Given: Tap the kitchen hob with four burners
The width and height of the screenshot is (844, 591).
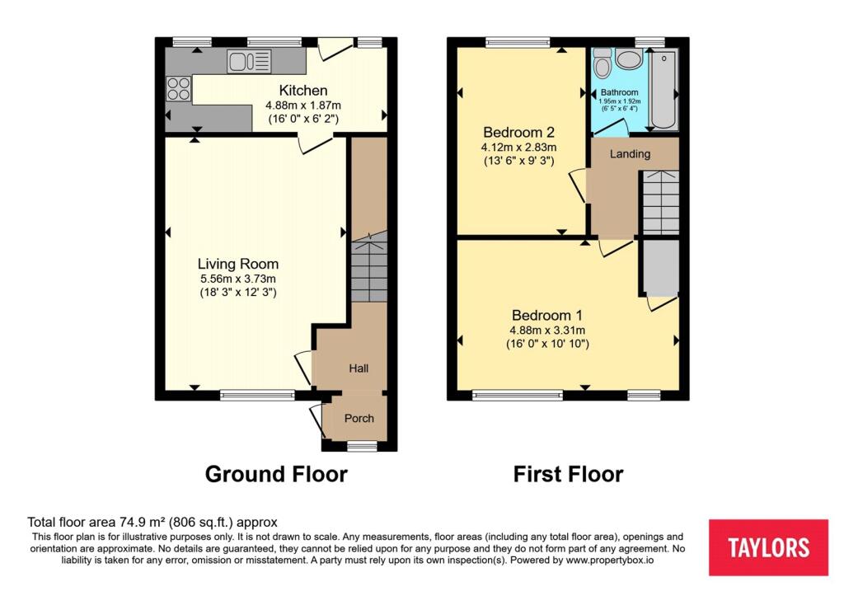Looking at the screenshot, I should click(x=178, y=88).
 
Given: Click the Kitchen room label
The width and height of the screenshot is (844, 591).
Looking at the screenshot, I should click(x=302, y=91).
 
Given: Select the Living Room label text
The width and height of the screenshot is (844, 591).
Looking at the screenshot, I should click(x=237, y=264).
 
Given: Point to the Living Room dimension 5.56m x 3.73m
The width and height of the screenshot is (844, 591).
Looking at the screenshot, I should click(x=237, y=279).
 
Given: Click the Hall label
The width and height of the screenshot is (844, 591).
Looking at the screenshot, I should click(x=359, y=368).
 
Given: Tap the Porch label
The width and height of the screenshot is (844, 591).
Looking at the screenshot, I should click(x=359, y=418).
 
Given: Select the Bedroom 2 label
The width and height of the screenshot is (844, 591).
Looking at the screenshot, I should click(x=518, y=132).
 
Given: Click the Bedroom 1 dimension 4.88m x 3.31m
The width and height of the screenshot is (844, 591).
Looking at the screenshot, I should click(x=547, y=330).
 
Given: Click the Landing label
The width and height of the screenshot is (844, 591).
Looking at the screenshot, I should click(x=630, y=153).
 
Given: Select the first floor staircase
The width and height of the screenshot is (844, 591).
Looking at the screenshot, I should click(x=659, y=202).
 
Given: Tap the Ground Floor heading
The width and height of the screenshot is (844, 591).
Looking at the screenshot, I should click(x=276, y=474).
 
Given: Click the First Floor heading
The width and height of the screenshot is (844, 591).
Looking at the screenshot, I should click(x=568, y=474).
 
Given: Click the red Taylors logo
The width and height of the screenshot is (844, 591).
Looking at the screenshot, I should click(x=768, y=547).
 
